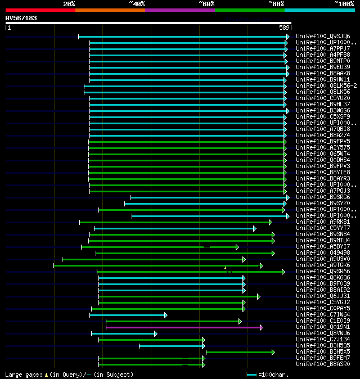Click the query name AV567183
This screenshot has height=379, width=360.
[x=21, y=18]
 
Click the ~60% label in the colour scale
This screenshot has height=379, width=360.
[x=206, y=3]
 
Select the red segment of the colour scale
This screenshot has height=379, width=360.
[x=40, y=10]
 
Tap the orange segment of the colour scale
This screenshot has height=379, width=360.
[x=110, y=10]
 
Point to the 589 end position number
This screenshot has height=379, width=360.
[x=283, y=28]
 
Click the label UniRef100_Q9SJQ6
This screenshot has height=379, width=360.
[x=322, y=37]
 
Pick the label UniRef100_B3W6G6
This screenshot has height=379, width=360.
[x=322, y=111]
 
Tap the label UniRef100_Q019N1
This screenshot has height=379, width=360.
[x=322, y=327]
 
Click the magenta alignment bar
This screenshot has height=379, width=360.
[x=183, y=327]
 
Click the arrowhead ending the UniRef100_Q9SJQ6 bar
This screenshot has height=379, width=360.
[x=287, y=37]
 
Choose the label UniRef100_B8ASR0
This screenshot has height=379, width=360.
[x=322, y=364]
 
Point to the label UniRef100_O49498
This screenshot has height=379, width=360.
[x=322, y=253]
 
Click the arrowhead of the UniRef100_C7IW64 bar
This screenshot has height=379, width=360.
[x=165, y=315]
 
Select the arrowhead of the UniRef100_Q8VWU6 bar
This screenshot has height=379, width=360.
[x=155, y=333]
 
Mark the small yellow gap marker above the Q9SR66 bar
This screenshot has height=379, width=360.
[x=225, y=268]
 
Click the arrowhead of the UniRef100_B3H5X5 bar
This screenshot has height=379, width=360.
[x=273, y=352]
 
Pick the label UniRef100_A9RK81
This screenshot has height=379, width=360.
[x=322, y=222]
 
